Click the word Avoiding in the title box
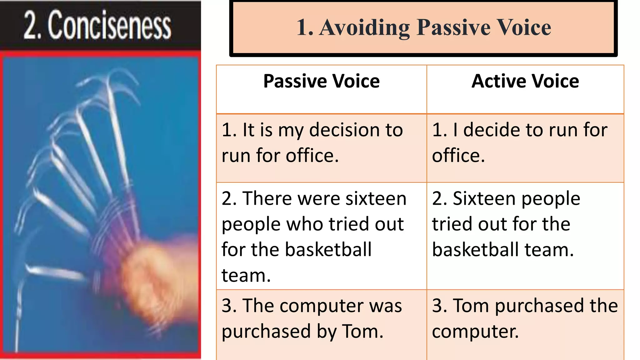(364, 27)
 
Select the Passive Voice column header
(321, 81)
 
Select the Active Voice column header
(525, 81)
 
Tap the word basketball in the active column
(475, 250)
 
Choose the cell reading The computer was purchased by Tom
(321, 319)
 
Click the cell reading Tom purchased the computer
(525, 319)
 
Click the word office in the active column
(458, 156)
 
